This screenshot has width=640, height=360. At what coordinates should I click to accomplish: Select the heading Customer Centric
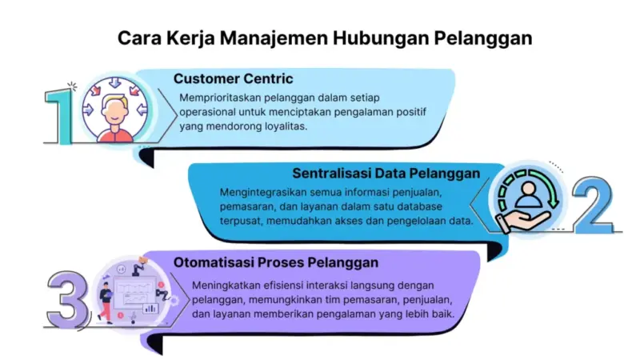point(233,78)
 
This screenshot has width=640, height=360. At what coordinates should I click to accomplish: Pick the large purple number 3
point(66,297)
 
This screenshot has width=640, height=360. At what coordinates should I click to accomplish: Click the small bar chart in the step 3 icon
point(149,307)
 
